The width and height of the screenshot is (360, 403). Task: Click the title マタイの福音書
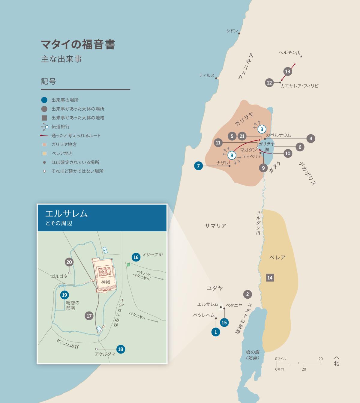(78, 44)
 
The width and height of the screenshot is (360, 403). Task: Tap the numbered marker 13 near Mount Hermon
(287, 71)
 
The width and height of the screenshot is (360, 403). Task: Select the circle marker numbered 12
(269, 83)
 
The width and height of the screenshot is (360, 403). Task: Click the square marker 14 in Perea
(270, 278)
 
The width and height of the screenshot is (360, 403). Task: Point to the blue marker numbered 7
(198, 166)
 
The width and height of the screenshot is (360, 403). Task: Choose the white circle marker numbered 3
(262, 129)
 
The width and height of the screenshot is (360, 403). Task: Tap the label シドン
(232, 31)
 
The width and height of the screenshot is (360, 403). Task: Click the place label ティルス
(207, 76)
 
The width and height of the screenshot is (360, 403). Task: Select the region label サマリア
(215, 226)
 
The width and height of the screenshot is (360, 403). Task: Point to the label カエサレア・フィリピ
(299, 86)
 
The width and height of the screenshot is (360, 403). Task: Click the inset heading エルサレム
(66, 213)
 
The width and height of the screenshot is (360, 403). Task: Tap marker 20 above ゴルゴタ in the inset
(69, 262)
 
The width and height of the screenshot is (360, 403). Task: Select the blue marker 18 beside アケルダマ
(121, 349)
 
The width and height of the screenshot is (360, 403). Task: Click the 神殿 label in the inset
(106, 282)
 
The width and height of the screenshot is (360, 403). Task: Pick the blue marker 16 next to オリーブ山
(136, 257)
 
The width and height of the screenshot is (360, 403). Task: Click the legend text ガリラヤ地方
(64, 145)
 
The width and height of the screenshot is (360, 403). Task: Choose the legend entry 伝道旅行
(60, 127)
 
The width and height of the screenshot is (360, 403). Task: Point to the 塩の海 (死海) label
(252, 355)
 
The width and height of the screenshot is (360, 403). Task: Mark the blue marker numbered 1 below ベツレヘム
(216, 332)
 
